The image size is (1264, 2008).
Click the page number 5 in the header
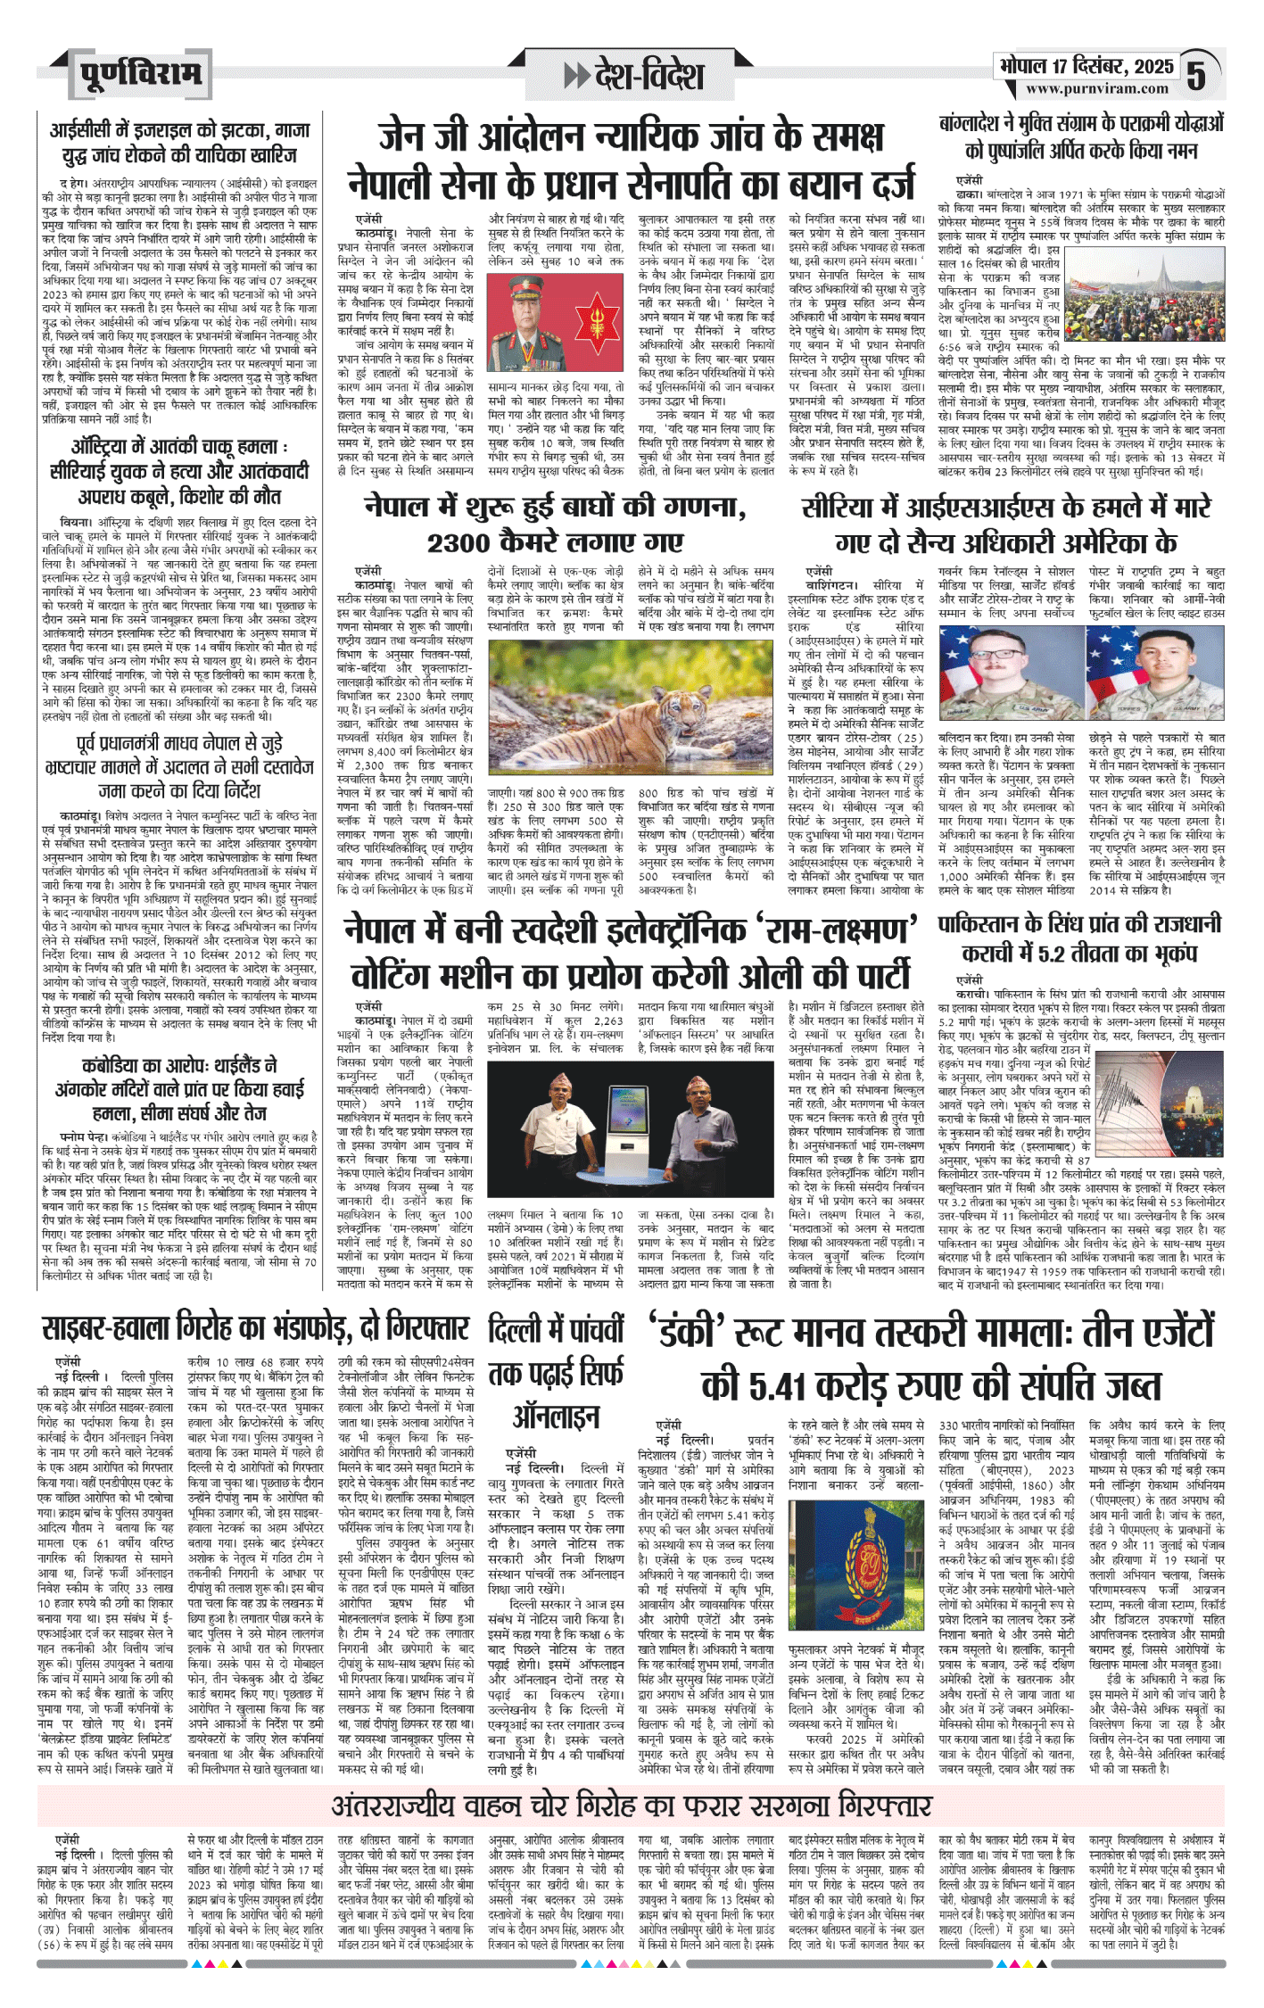(1196, 75)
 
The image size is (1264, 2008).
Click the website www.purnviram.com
(1096, 89)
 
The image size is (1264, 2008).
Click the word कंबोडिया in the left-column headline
(121, 1066)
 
